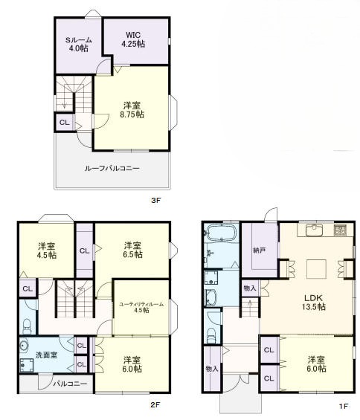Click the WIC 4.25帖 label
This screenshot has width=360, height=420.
pos(133,40)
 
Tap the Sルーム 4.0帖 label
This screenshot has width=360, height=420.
pos(77,44)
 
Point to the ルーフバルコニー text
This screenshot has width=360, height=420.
pos(112,168)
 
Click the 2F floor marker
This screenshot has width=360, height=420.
pos(155,405)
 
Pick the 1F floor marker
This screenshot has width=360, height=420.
pos(343,405)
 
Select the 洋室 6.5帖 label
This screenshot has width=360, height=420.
pos(133,250)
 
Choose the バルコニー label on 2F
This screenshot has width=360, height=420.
pos(69,384)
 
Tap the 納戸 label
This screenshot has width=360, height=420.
pos(260,251)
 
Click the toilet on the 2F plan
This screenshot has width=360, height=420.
pos(28,324)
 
